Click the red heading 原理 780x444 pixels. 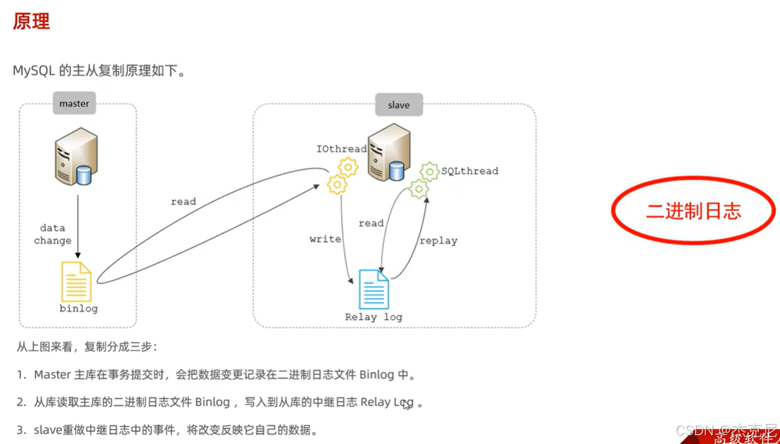point(31,22)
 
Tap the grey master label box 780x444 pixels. point(74,104)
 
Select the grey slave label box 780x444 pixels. point(398,105)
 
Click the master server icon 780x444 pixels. point(76,157)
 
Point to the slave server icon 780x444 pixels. point(389,153)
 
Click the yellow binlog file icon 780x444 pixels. point(76,282)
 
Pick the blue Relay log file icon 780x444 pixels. point(374,289)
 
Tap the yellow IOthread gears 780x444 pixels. point(342,175)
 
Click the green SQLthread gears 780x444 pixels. point(424,180)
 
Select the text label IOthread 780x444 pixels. point(341,149)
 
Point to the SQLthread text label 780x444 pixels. point(469,171)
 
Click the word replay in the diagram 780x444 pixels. point(438,241)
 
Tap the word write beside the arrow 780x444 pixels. point(325,239)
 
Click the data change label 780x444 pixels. point(53,234)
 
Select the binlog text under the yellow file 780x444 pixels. point(78,308)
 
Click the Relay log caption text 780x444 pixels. point(374,317)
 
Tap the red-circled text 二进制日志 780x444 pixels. point(694,211)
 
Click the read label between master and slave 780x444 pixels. point(183,201)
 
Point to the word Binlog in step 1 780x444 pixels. point(377,375)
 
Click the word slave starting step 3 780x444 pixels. point(48,430)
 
